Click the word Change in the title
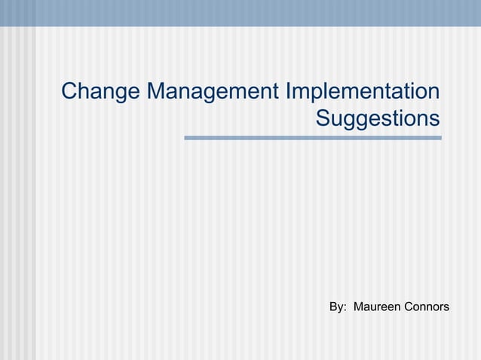click(100, 93)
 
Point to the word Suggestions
click(377, 119)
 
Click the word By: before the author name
click(339, 307)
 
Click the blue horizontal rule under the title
click(313, 138)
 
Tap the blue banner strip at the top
click(240, 13)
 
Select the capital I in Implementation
click(289, 93)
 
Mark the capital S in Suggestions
click(323, 119)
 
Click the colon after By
click(345, 308)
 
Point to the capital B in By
click(334, 307)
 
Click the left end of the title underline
click(186, 138)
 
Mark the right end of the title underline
click(440, 138)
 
